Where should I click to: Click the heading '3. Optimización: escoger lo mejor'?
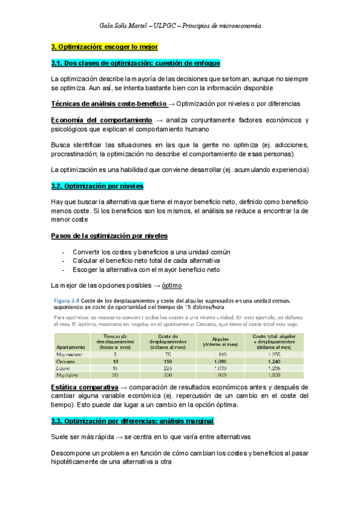104,46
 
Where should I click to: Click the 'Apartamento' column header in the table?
70,348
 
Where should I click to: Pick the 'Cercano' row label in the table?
66,361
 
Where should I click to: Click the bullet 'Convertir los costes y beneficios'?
151,251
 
